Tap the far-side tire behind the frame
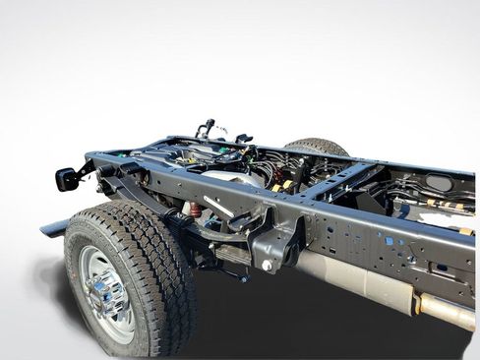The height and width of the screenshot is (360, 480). tap(319, 147)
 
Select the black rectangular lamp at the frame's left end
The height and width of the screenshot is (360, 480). tap(67, 178)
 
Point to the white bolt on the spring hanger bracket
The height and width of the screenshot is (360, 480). tap(267, 265)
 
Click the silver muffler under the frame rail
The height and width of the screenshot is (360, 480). tap(355, 279)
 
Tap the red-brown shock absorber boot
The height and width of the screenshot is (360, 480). tap(195, 210)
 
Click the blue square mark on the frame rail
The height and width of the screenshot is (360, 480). tap(389, 240)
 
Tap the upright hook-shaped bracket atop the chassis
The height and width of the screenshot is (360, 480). tap(206, 129)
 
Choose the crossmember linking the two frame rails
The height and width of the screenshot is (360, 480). tap(344, 181)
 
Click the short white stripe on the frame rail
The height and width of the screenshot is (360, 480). tap(219, 207)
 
